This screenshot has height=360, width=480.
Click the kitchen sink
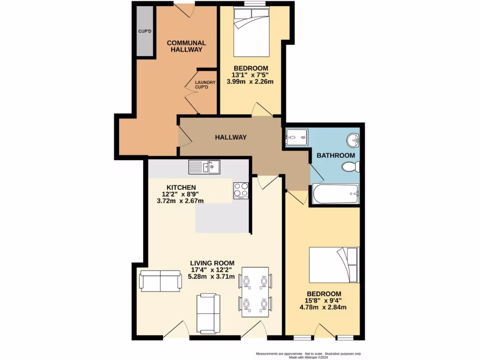[204, 166]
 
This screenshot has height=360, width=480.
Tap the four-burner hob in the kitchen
[240, 190]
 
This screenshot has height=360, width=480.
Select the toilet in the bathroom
[350, 166]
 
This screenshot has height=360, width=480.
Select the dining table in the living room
[255, 292]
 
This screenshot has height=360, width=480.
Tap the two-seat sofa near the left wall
[160, 280]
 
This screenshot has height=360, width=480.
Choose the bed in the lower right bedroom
[334, 264]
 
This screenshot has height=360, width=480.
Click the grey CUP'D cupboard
[144, 32]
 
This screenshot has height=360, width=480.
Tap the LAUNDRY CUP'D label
[205, 85]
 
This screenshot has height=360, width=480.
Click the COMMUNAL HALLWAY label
[187, 46]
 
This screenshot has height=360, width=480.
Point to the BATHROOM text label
[336, 155]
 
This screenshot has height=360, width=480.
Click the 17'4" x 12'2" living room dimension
[212, 270]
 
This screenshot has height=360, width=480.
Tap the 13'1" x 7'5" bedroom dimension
[253, 75]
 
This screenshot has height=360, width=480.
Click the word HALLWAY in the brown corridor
[231, 137]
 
